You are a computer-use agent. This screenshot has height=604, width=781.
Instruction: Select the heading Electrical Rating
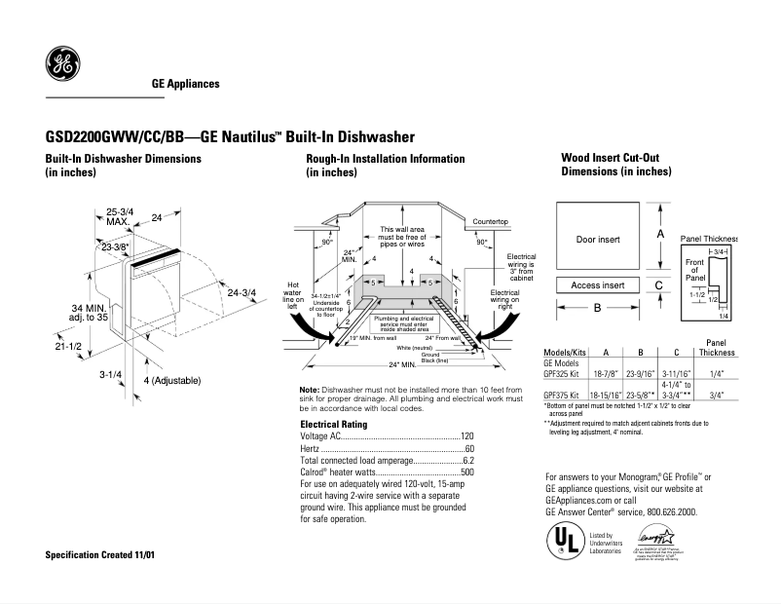pyautogui.click(x=333, y=425)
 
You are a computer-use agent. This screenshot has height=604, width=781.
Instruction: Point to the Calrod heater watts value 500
pyautogui.click(x=466, y=472)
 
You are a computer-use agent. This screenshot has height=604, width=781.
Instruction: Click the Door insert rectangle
pyautogui.click(x=598, y=239)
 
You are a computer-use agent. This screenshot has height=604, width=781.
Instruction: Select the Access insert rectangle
pyautogui.click(x=598, y=285)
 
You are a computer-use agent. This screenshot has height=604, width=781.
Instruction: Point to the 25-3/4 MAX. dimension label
pyautogui.click(x=120, y=216)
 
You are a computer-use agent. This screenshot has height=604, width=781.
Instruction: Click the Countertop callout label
pyautogui.click(x=491, y=222)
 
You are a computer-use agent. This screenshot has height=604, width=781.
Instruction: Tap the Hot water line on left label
pyautogui.click(x=293, y=294)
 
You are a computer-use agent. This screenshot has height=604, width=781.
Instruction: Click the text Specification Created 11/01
pyautogui.click(x=100, y=554)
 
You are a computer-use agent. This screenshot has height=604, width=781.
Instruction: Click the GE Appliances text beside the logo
pyautogui.click(x=185, y=84)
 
